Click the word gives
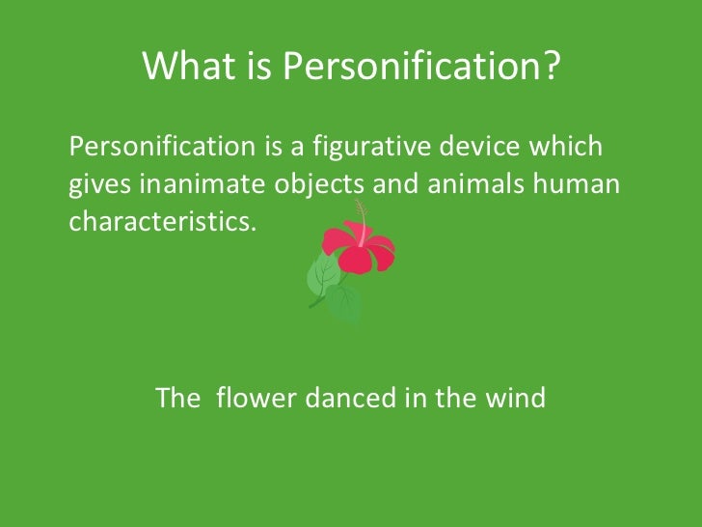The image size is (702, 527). pyautogui.click(x=96, y=185)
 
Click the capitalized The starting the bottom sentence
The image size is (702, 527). pyautogui.click(x=177, y=398)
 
